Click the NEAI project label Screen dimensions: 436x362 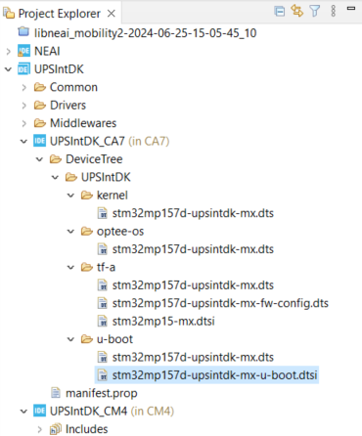point(49,51)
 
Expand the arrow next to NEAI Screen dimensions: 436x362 point(8,51)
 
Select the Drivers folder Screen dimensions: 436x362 point(68,106)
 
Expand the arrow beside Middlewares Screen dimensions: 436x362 point(23,124)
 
